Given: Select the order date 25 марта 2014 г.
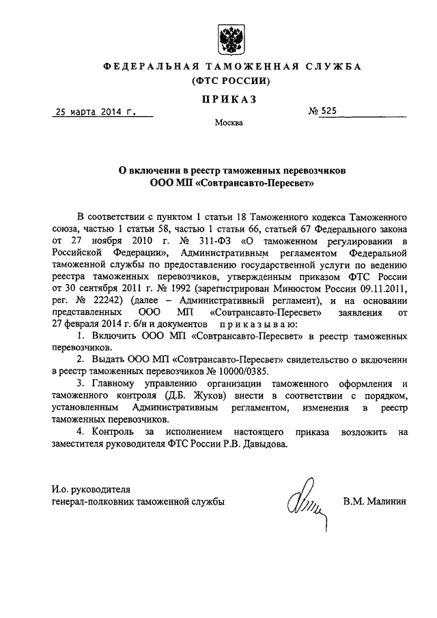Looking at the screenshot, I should tap(94, 112).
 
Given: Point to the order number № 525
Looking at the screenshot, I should tap(324, 112).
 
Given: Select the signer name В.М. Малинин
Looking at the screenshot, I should tap(375, 501).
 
